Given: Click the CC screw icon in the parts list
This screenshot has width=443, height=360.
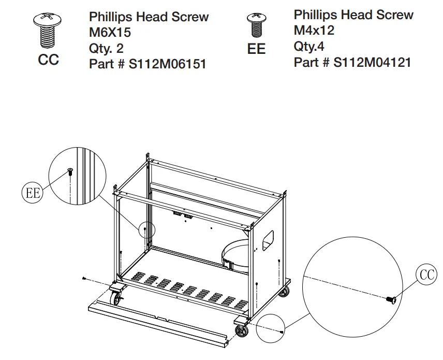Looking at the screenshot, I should [x=48, y=30].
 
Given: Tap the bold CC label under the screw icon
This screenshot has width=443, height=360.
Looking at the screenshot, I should [x=49, y=60].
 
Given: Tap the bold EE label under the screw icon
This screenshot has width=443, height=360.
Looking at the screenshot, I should [x=257, y=49].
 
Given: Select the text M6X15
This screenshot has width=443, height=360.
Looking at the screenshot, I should [x=110, y=33].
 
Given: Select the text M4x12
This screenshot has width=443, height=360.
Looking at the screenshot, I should [x=314, y=31].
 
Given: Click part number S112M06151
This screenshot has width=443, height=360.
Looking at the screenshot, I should [x=147, y=64].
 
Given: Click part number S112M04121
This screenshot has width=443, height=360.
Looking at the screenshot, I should [x=352, y=63].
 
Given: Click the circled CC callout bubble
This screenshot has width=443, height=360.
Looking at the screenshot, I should [x=427, y=275].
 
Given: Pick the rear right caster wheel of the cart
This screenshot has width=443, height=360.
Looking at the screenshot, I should [x=284, y=292].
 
